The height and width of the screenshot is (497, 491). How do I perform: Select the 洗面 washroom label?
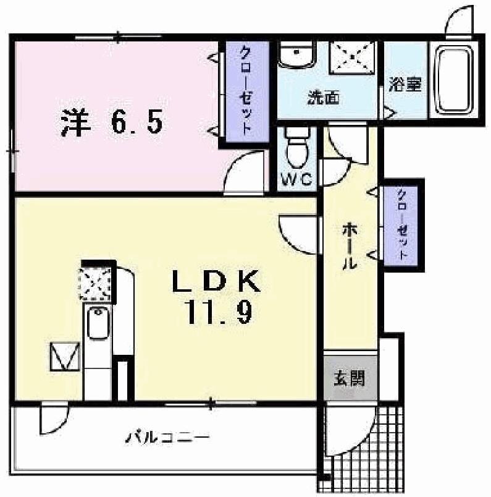pos(323,98)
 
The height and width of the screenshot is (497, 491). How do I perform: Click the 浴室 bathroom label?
pos(405,84)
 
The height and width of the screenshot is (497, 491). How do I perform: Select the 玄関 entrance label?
pos(350,378)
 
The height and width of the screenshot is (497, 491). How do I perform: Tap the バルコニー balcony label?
pos(168,438)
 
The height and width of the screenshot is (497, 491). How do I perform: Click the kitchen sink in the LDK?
pos(97,323)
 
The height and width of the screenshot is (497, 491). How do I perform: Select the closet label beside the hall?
pos(402,224)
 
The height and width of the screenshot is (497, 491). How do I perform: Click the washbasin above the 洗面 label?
pos(296,55)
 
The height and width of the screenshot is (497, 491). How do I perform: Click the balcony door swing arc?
pos(52,419)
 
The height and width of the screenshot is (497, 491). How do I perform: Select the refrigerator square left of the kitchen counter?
pos(65,357)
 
